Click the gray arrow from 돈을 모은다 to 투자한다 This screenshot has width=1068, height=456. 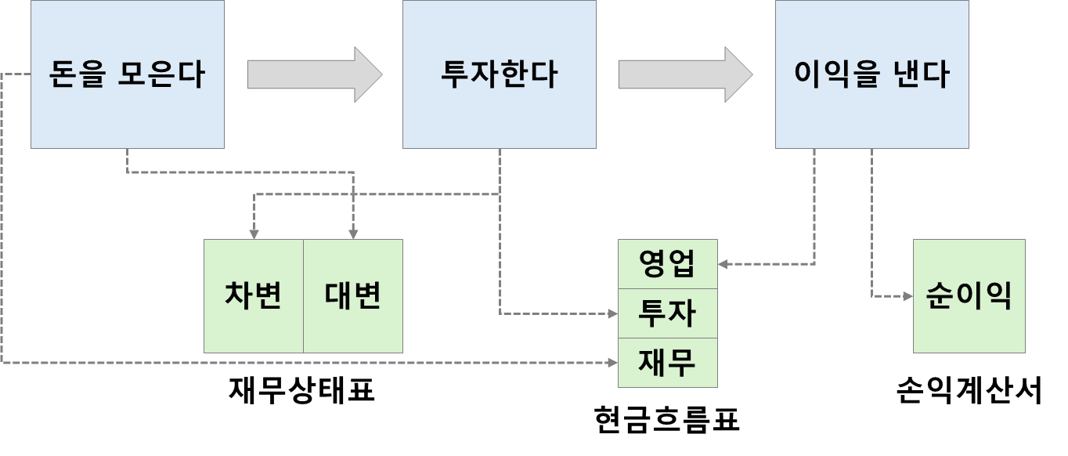point(314,74)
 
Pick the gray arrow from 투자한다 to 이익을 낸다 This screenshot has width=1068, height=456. point(685,74)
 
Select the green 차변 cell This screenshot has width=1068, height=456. point(253,296)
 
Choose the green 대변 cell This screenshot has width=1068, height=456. point(352,296)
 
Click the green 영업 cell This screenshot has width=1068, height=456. point(667,264)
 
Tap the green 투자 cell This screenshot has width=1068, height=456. point(667,313)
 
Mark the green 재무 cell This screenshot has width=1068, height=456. point(667,363)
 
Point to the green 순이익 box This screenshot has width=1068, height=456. point(969,296)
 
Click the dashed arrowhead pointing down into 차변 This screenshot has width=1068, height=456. point(254,233)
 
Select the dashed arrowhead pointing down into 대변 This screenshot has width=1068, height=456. point(353,233)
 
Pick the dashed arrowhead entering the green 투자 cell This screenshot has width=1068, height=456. point(612,313)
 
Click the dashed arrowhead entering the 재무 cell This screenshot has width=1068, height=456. point(612,362)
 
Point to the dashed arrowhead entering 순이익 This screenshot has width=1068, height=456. point(907,296)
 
